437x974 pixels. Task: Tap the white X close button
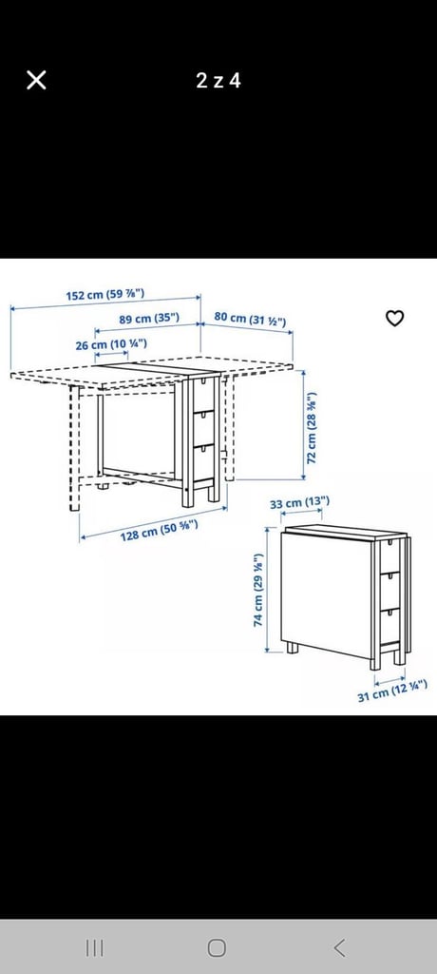pos(36,80)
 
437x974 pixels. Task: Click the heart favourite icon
pos(395,318)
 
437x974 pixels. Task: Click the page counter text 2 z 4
pos(218,80)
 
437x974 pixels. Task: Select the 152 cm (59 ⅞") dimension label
pos(104,295)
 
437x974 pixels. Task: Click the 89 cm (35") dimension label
pos(149,319)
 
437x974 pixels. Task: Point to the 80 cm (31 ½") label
pos(250,319)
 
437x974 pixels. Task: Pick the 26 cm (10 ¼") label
pos(111,344)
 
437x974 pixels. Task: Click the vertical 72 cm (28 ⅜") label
pos(313,427)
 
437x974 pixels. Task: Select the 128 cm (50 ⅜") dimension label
pos(159,530)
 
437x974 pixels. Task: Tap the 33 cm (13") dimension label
pos(299,502)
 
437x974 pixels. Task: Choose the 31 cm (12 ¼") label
pos(392,691)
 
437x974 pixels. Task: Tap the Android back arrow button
pos(339,947)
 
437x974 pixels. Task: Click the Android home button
pos(217,947)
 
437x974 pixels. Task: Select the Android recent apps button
pos(94,947)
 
